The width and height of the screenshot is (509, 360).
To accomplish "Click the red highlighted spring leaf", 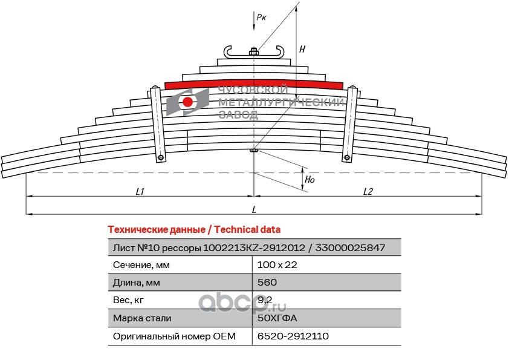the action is pos(254,83).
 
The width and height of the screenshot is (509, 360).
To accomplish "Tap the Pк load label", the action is pos(261,18).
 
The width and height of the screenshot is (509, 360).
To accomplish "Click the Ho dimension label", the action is pos(309,180).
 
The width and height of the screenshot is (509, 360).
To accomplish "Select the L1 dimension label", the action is pos(140,191).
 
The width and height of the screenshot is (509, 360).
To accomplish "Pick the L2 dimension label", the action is pos(368,191).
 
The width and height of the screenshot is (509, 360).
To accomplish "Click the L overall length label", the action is pos(254,209).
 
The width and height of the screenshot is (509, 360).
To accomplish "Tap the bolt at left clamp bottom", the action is pos(161,159).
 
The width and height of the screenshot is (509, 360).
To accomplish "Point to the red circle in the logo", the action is pos(188,102).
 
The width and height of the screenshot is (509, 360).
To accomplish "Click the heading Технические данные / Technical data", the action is pos(193,230).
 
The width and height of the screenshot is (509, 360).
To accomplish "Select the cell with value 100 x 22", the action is pos(277,265).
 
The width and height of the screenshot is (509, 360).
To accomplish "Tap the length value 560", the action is pos(267,283).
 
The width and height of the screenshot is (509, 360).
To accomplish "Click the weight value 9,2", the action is pos(265,300).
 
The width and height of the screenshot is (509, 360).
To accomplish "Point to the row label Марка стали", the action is pos(142,318).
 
